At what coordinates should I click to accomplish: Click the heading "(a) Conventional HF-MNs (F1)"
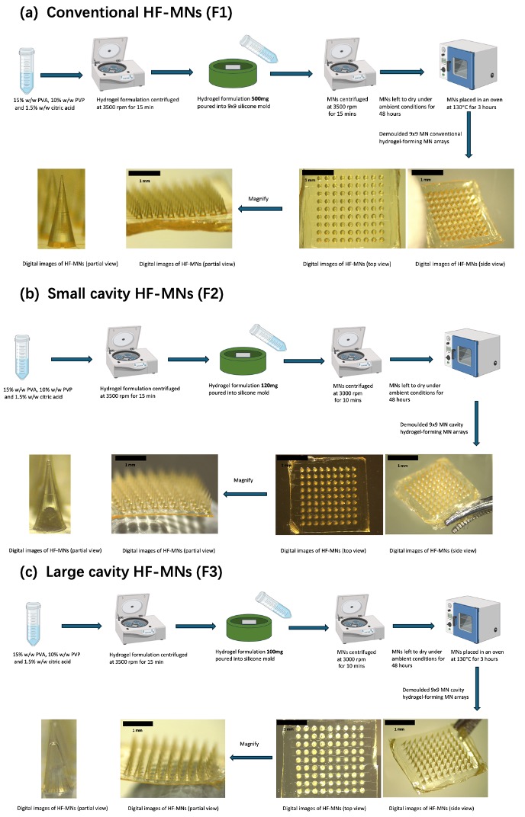pos(126,12)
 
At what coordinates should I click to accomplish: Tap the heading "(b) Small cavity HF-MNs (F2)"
pos(121,294)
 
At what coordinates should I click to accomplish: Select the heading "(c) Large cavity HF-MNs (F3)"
pos(121,572)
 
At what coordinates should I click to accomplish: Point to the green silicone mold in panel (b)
pos(244,360)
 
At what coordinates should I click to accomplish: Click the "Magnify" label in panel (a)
pos(259,198)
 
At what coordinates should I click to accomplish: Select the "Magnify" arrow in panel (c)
pos(251,758)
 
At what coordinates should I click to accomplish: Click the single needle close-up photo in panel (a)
pos(61,208)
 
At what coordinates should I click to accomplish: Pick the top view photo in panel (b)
pos(330,495)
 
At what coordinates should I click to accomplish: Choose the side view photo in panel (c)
pos(435,758)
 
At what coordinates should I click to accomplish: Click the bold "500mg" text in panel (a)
pos(260,98)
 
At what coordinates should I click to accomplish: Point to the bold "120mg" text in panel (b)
pos(269,386)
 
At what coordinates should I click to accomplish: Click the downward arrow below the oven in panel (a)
pos(469,134)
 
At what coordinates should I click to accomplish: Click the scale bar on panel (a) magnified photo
pos(143,173)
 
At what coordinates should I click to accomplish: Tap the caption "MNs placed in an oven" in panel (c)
pos(477,652)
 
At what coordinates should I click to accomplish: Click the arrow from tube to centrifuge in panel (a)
pos(62,75)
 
